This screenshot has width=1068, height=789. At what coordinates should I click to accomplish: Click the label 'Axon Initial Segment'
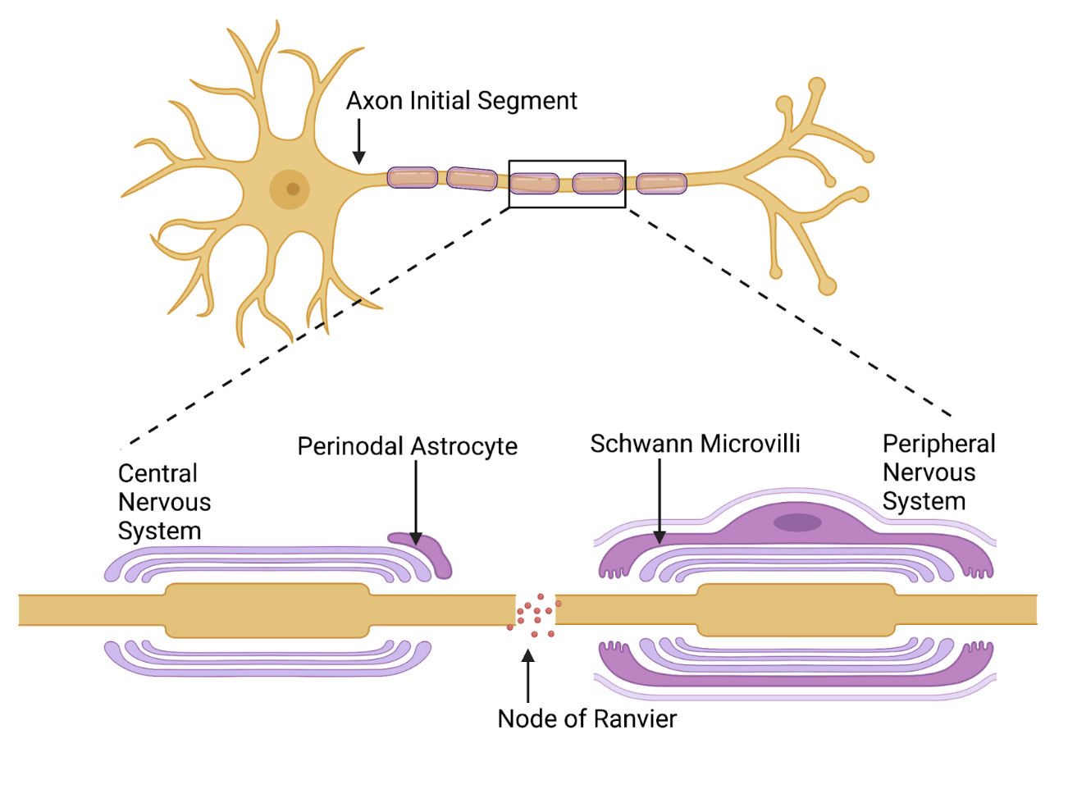(x=461, y=101)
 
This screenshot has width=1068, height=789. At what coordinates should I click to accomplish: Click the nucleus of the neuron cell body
(x=290, y=189)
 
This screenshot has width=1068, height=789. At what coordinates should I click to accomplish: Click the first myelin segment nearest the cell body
(x=412, y=177)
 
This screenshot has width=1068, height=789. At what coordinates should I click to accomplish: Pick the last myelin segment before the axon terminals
(x=661, y=183)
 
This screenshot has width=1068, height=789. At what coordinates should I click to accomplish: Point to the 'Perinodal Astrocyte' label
(x=407, y=446)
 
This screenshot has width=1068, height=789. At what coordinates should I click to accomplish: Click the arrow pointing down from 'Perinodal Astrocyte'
(x=416, y=500)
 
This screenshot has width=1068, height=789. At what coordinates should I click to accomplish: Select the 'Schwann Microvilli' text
(x=695, y=444)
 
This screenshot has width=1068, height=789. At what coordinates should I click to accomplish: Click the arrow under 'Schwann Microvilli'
(x=660, y=500)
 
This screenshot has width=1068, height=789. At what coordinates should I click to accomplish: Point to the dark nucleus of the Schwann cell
(x=796, y=522)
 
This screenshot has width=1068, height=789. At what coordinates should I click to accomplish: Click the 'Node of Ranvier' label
(x=586, y=718)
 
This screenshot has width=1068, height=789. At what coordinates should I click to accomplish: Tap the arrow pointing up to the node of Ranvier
(x=528, y=677)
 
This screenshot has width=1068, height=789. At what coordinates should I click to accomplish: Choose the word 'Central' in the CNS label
(x=157, y=473)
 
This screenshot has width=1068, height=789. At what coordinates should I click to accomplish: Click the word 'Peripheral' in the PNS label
(x=938, y=444)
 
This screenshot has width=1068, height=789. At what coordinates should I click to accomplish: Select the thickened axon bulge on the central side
(x=267, y=610)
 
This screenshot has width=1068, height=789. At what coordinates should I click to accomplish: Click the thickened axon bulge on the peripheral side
(x=795, y=610)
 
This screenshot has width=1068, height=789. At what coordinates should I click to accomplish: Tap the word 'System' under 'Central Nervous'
(x=159, y=531)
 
